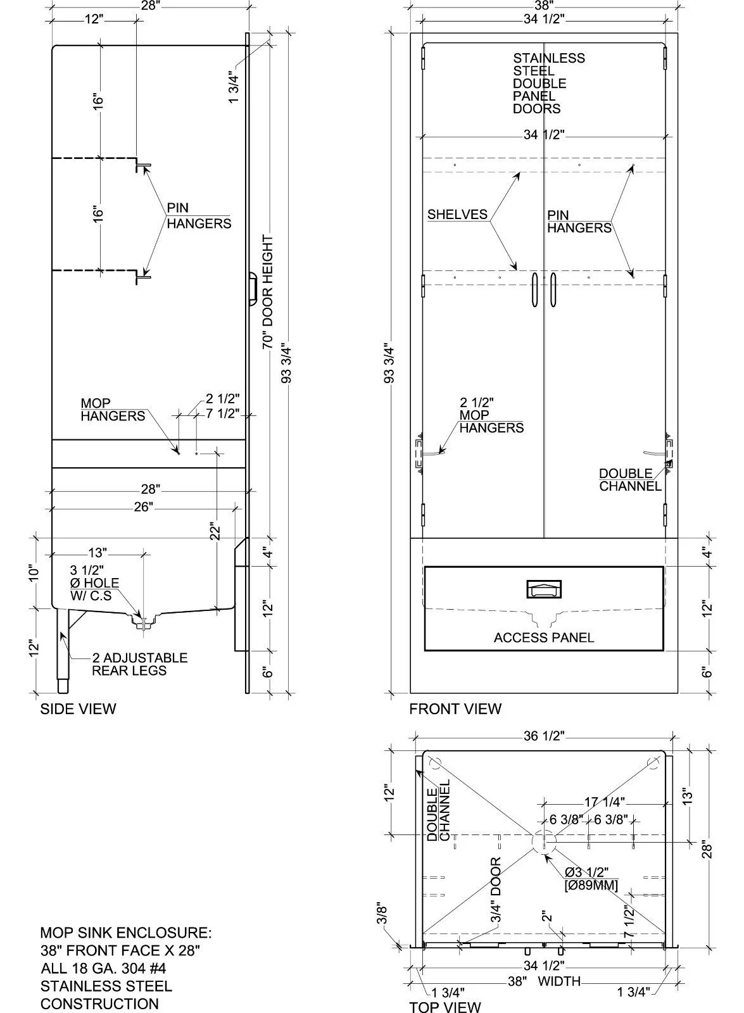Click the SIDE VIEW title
pos(78,709)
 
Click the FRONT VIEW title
pos(455,709)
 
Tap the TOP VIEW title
pos(445,1007)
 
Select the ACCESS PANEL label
pos(544,638)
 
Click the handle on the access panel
pos(544,590)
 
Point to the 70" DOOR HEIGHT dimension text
pos(268,292)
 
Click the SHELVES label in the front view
pos(457,215)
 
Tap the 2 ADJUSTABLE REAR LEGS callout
pos(139,664)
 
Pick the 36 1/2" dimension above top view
pos(544,736)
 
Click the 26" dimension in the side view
pos(143,507)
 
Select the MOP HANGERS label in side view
pos(113,410)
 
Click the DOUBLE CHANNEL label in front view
pos(630,480)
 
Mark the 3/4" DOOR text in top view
pos(496,890)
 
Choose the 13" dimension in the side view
pos(98,553)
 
